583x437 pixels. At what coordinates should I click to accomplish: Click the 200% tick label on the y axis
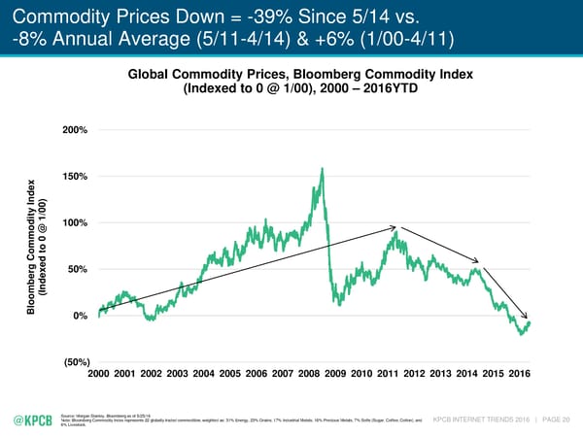tap(75, 130)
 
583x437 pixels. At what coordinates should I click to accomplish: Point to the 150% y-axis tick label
tap(75, 176)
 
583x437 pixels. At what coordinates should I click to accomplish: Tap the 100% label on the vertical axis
tap(75, 222)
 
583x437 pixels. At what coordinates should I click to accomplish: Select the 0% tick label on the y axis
tap(81, 316)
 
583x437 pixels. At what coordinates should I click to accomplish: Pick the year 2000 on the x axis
tap(100, 374)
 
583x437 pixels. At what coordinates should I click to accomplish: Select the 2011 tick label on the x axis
tap(388, 374)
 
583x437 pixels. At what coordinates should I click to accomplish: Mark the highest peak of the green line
tap(322, 169)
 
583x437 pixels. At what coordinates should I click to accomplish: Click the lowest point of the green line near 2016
tap(520, 334)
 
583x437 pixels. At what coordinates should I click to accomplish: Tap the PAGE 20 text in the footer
tap(554, 419)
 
